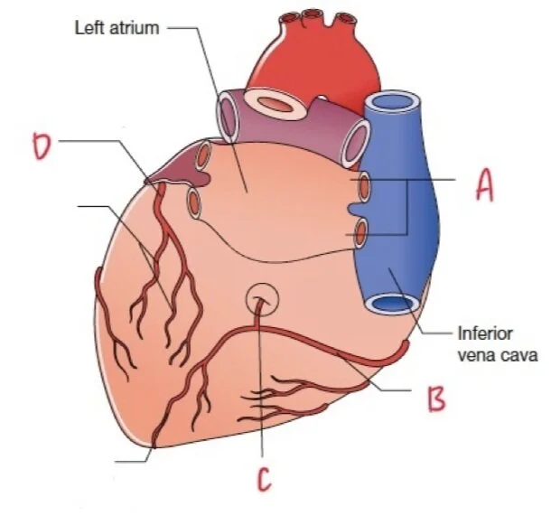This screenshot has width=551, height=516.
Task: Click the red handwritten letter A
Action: (x=485, y=188)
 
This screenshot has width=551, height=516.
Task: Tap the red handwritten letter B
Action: (x=437, y=399)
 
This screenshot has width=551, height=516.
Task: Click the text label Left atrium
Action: (x=116, y=27)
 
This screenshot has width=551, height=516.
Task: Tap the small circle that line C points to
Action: (x=262, y=298)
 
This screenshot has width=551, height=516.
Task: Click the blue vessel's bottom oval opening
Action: (x=390, y=305)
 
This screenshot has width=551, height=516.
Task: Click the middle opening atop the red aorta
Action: (x=313, y=15)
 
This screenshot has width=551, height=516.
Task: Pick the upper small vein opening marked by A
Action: (x=363, y=187)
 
